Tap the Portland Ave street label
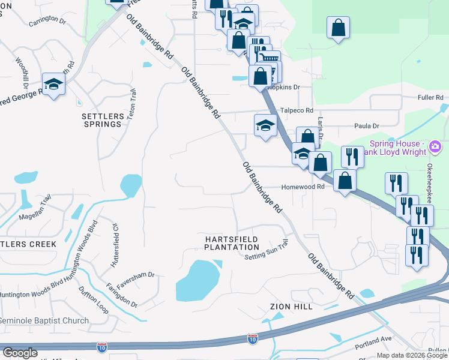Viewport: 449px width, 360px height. coord(373,339)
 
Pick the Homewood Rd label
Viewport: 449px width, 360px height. coord(303,187)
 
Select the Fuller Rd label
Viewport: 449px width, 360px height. coord(430,97)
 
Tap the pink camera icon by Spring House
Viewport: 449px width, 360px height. coord(436,146)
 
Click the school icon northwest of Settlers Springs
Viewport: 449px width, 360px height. coord(53,85)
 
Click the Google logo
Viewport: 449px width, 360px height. coord(20,353)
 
